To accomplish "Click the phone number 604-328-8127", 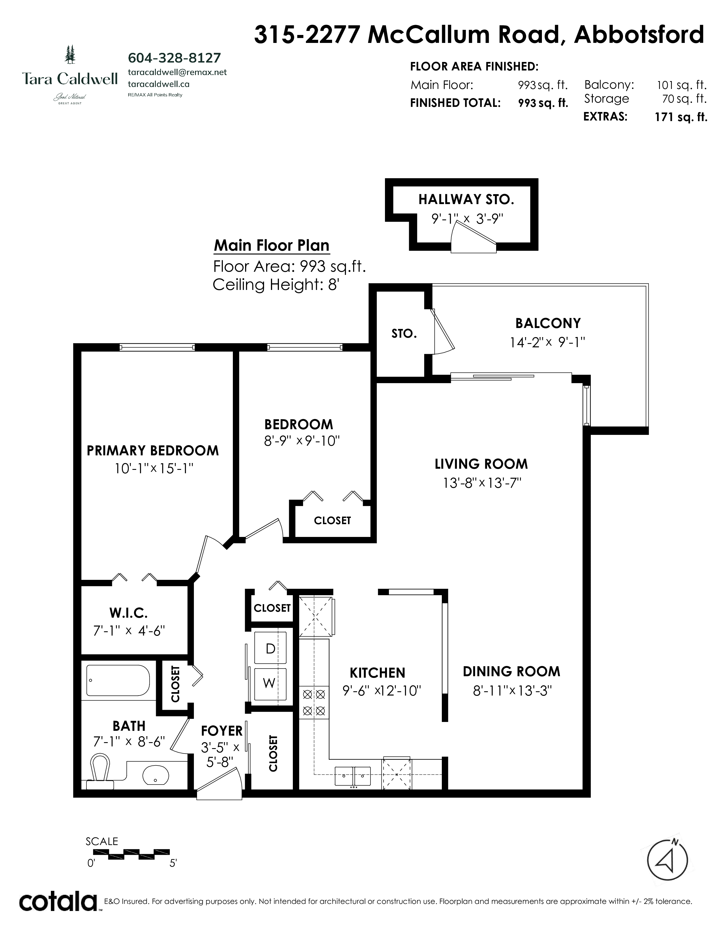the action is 174,57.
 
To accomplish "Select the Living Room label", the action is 481,464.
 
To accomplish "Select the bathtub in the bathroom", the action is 118,680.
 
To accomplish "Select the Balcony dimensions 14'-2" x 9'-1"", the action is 548,342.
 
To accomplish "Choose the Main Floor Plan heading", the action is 272,246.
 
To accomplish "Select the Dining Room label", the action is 511,671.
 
